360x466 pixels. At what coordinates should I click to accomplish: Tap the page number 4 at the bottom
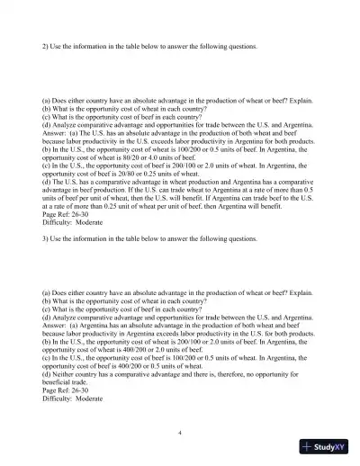point(180,432)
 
